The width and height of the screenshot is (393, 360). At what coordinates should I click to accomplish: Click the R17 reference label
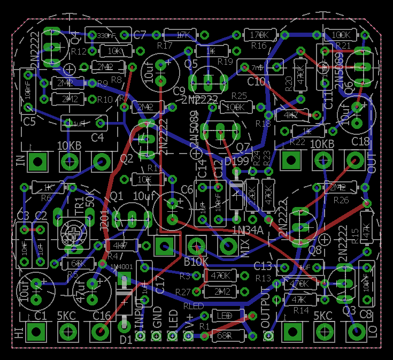[x=165, y=46]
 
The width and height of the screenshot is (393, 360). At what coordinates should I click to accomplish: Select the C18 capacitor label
[x=360, y=141]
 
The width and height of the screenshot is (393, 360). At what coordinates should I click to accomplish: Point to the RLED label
[x=193, y=306]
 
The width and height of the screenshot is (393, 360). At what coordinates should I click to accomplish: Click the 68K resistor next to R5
[x=78, y=264]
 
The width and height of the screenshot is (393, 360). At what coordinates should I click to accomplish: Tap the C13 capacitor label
[x=263, y=266]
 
